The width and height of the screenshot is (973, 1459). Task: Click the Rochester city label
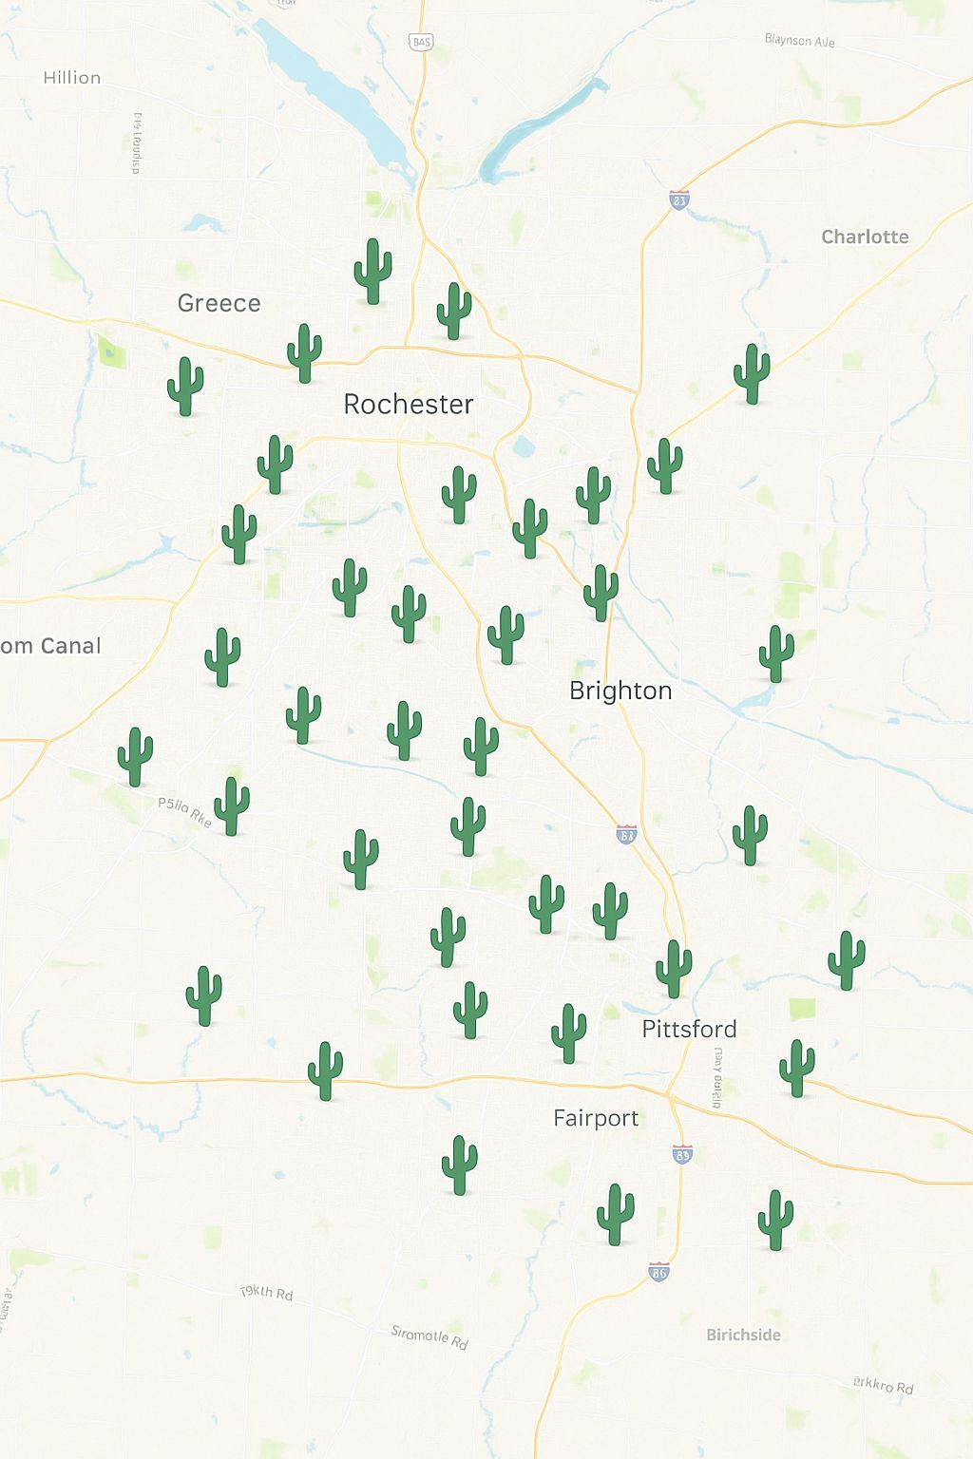[409, 405]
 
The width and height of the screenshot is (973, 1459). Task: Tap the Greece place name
[219, 303]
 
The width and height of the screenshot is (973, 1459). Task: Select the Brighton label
[620, 691]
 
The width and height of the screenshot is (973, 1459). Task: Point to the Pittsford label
[689, 1029]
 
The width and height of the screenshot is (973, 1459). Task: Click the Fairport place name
[596, 1118]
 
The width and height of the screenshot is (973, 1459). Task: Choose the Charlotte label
[865, 237]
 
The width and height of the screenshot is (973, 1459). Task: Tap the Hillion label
[72, 78]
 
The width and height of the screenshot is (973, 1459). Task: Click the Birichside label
[743, 1335]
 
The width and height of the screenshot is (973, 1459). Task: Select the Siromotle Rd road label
[429, 1336]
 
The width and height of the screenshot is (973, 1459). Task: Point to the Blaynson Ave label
[799, 41]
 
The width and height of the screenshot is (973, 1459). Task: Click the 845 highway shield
[421, 42]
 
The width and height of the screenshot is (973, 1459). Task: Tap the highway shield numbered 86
[658, 1272]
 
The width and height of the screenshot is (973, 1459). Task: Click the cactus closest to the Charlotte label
[752, 373]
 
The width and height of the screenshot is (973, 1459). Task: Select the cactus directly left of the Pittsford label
[568, 1033]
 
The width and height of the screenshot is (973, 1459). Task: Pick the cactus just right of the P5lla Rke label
[231, 805]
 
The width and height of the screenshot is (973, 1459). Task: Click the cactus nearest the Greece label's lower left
[185, 386]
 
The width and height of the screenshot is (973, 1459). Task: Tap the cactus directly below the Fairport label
[615, 1214]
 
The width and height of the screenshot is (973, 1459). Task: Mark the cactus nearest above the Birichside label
[774, 1219]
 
